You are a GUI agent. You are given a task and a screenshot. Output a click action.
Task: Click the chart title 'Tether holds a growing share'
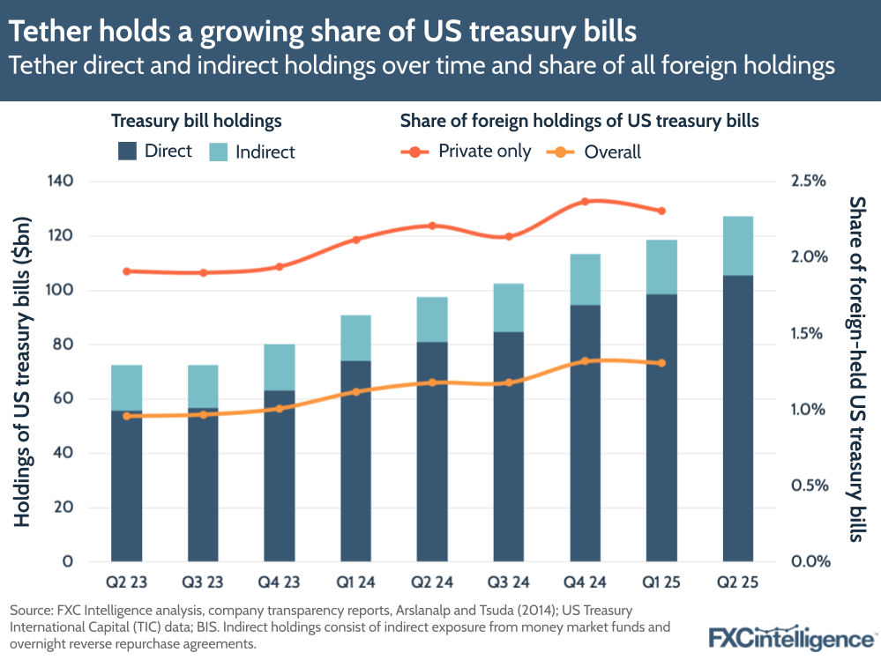tap(323, 32)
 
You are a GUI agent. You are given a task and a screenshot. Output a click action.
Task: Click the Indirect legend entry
tap(251, 152)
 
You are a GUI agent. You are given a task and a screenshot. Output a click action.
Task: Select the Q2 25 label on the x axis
tap(738, 584)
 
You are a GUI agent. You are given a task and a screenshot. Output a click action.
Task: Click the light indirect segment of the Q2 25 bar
tap(738, 246)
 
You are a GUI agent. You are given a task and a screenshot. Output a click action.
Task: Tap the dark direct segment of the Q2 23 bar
tap(127, 485)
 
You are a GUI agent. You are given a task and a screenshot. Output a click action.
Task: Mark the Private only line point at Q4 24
tap(585, 202)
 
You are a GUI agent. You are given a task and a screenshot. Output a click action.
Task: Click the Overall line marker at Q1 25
tap(661, 363)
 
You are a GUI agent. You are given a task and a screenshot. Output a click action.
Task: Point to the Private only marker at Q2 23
tap(127, 271)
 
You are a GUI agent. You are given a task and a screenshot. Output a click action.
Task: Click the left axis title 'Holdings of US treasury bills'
tap(23, 370)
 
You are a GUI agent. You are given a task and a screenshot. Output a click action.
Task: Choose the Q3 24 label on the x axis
tap(509, 584)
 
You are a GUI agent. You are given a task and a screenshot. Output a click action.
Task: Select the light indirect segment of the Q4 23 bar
tap(280, 367)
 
